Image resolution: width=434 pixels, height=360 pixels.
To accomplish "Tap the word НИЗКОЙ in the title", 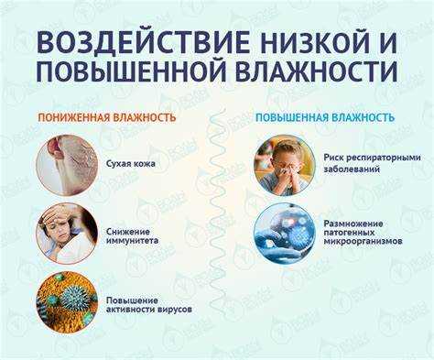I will pos(301,41).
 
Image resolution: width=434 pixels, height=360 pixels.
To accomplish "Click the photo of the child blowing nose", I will pos(283,164).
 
